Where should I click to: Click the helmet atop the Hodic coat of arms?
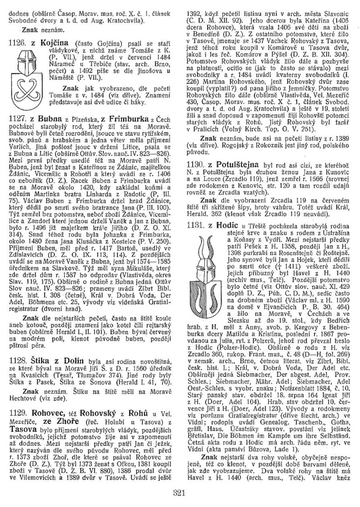click(204, 246)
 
